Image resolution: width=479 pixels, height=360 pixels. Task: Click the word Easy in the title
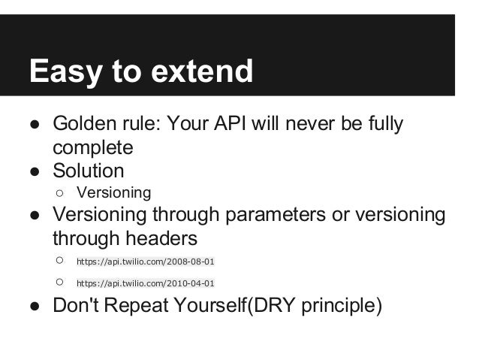pyautogui.click(x=63, y=72)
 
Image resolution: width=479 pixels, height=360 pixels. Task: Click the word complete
pyautogui.click(x=92, y=147)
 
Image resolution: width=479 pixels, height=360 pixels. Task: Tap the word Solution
pyautogui.click(x=88, y=170)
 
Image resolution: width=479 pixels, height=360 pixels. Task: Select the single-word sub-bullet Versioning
pyautogui.click(x=113, y=192)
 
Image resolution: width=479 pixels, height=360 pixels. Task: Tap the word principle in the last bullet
pyautogui.click(x=340, y=307)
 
